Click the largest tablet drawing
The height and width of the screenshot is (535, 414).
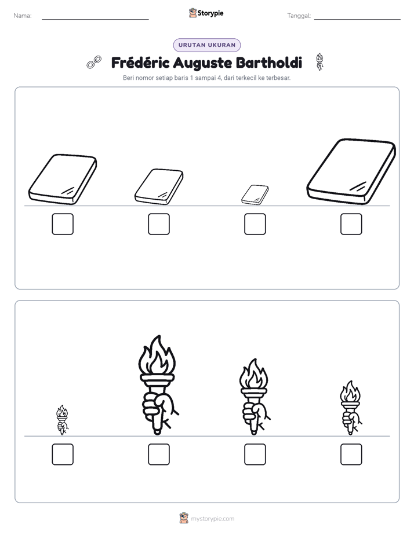tap(351, 171)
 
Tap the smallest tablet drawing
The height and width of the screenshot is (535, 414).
tap(255, 195)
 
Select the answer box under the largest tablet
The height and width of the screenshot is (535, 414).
tap(351, 224)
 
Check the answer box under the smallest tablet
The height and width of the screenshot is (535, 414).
tap(255, 224)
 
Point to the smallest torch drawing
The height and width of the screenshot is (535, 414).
tap(62, 420)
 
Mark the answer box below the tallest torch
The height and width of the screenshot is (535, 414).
tap(159, 454)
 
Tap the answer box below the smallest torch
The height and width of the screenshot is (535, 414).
tap(63, 454)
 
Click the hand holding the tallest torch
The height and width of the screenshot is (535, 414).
tap(159, 408)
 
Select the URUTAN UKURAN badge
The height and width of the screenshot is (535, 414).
tap(207, 45)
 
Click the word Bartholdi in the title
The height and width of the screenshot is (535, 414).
tap(269, 63)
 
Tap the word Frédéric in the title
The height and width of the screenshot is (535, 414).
tap(140, 63)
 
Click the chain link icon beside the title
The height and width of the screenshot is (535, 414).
tap(94, 62)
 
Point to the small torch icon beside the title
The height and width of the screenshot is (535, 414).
tap(319, 62)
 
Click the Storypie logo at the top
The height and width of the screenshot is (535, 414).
tap(206, 13)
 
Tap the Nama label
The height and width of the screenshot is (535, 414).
tap(23, 16)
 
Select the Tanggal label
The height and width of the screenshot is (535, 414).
tap(299, 16)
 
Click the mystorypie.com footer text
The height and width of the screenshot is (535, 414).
tap(212, 519)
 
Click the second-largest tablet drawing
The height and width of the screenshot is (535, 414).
tap(63, 179)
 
